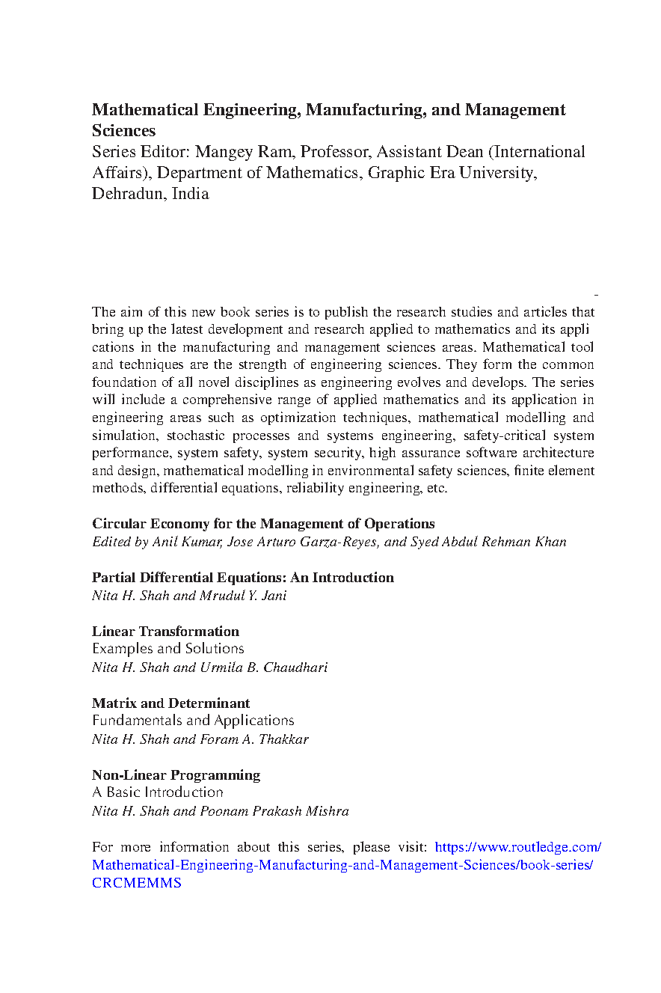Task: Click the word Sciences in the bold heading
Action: [x=123, y=131]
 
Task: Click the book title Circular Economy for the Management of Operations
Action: [x=263, y=524]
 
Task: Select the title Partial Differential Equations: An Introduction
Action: [x=242, y=578]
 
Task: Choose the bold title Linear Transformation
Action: [x=165, y=632]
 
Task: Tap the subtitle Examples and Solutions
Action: [x=168, y=649]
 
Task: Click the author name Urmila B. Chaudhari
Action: [x=264, y=667]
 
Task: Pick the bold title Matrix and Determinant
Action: [x=170, y=703]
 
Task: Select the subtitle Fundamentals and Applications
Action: [x=193, y=721]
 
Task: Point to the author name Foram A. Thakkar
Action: [x=254, y=739]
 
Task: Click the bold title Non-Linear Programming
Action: [x=176, y=775]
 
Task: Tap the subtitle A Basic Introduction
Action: [x=158, y=792]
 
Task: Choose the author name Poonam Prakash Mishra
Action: [x=274, y=811]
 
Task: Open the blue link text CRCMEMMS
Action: [x=136, y=883]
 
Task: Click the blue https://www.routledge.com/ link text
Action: [x=517, y=847]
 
